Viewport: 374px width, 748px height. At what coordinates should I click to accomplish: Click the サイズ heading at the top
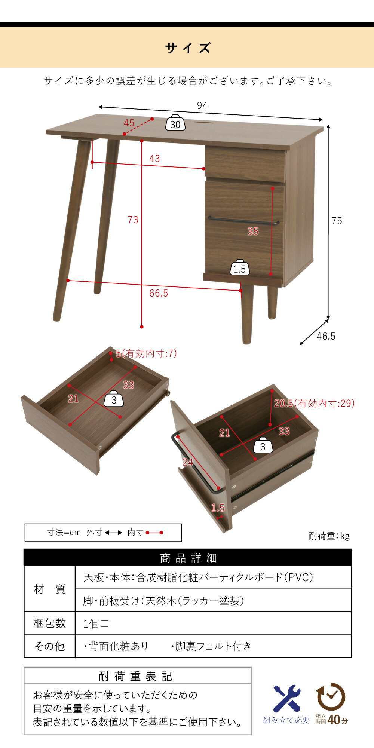point(188,48)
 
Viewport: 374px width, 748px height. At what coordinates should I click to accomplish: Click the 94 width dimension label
point(202,106)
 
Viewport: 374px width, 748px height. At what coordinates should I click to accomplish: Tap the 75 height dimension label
point(337,221)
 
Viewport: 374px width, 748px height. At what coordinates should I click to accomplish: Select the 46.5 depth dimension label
point(326,336)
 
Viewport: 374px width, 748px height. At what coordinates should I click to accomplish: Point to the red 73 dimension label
point(133,220)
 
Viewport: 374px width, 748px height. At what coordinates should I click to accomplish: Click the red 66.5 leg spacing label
point(159,294)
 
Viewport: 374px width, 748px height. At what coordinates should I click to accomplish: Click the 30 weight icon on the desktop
point(175,123)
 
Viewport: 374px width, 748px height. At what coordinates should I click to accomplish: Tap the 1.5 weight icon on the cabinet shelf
point(240,267)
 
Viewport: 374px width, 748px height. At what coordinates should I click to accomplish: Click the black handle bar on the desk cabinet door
point(243,221)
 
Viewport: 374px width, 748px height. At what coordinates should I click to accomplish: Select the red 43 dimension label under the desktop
point(154,159)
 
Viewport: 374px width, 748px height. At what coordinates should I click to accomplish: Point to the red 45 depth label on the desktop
point(129,123)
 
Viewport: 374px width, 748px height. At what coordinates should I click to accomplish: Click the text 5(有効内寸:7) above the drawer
point(146,353)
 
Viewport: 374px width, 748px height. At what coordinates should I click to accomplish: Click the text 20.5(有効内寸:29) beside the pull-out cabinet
point(314,403)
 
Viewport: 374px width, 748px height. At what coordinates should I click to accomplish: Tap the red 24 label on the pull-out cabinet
point(188,462)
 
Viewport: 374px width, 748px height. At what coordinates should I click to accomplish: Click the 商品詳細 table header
point(188,558)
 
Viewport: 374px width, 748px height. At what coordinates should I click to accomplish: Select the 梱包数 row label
point(50,623)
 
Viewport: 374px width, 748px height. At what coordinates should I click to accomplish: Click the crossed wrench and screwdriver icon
point(287,699)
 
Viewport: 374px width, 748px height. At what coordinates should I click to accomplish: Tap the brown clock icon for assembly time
point(331,697)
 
